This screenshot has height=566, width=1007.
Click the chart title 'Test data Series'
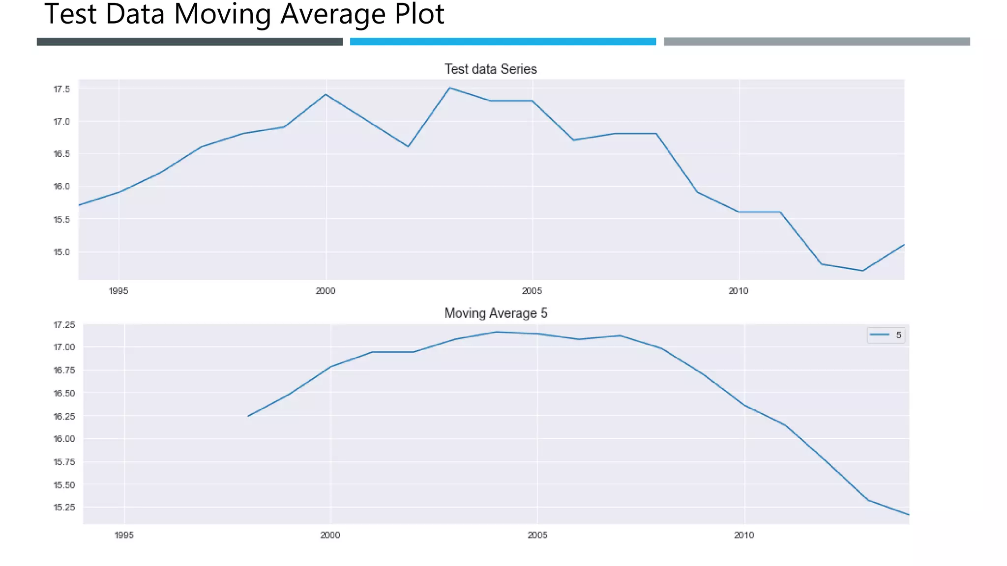tap(490, 69)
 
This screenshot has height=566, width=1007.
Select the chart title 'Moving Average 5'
tap(496, 313)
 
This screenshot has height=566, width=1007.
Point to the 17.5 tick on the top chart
tap(61, 89)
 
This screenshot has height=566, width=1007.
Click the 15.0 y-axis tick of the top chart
tap(61, 252)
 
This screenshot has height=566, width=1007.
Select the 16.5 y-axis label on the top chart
tap(61, 154)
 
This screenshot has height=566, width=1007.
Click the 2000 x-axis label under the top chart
tap(325, 291)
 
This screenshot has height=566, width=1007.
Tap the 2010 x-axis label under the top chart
tap(738, 291)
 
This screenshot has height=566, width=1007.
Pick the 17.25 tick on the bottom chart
tap(64, 325)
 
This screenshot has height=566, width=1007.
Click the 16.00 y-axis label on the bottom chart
tap(64, 439)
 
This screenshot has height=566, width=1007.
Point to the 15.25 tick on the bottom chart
tap(64, 507)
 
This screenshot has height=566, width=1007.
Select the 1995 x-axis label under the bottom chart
tap(124, 535)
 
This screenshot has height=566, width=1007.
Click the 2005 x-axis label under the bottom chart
tap(537, 535)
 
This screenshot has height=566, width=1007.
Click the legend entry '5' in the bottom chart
tap(886, 335)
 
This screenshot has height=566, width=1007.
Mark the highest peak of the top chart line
tap(449, 88)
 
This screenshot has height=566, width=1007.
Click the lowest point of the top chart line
tap(862, 271)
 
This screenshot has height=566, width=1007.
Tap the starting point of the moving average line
tap(248, 416)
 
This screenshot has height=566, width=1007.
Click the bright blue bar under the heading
tap(503, 42)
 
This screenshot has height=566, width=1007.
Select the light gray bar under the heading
tap(817, 42)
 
